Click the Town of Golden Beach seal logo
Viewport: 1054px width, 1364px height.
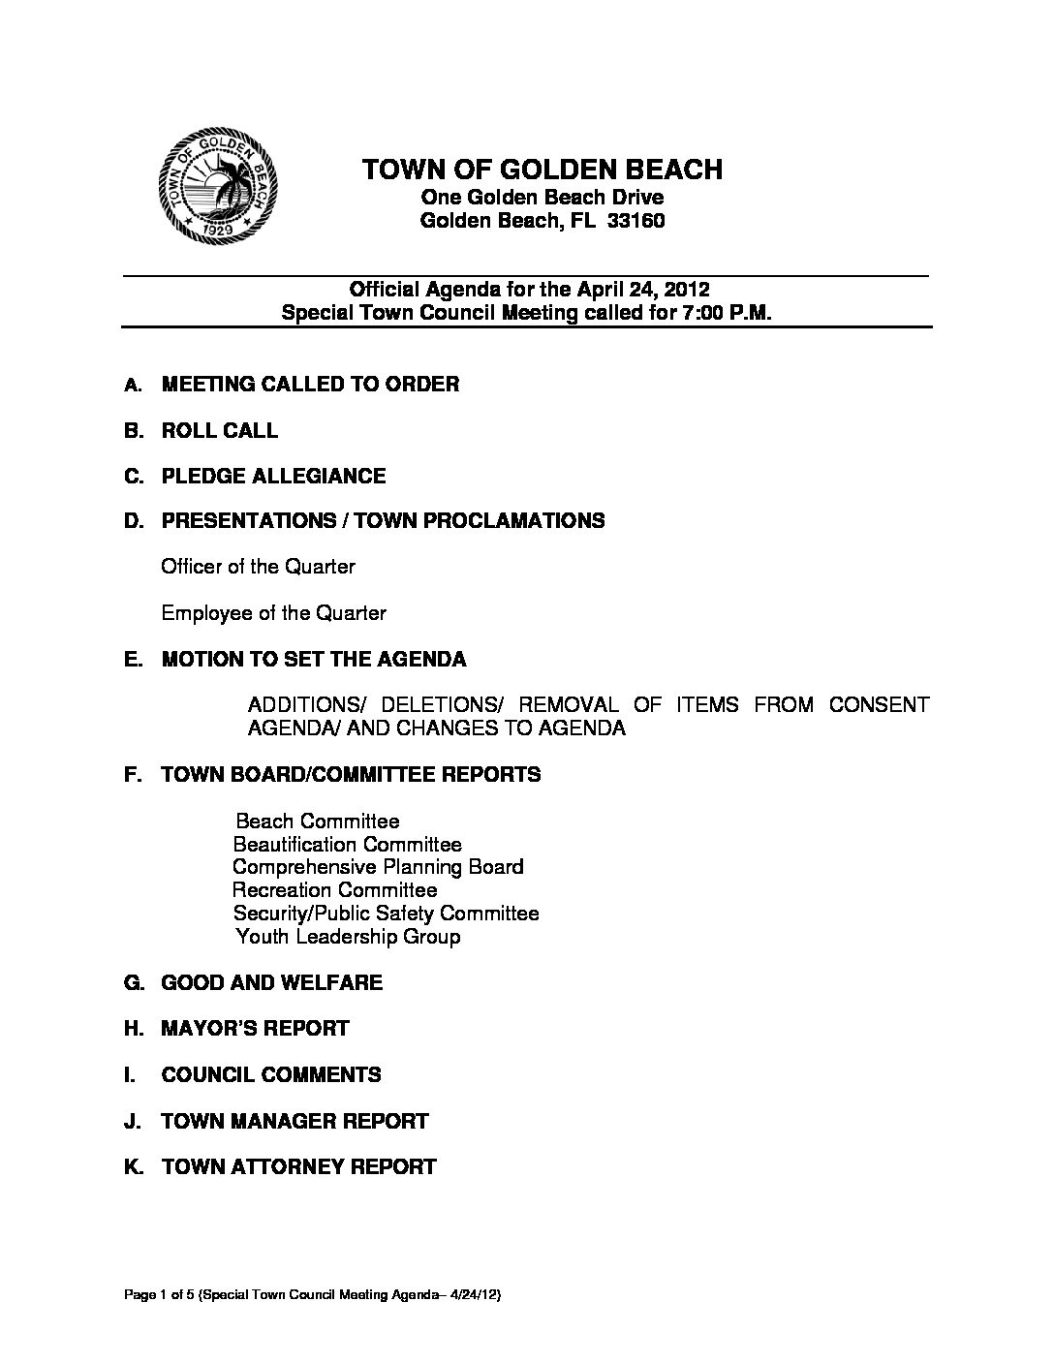(219, 189)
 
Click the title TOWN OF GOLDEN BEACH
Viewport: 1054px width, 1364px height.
(542, 170)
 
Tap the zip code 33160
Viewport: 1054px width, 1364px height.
(635, 221)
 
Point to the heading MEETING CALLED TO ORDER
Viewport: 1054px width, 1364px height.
(310, 385)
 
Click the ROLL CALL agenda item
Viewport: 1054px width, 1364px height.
(219, 430)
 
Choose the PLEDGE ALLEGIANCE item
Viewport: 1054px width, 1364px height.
(273, 476)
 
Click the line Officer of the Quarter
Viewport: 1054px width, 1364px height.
(258, 567)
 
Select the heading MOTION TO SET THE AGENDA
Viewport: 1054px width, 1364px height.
(313, 660)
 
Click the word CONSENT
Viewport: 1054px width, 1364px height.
(879, 704)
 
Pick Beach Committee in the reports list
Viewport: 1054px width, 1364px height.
(318, 821)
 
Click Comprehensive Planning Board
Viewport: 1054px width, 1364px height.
(378, 867)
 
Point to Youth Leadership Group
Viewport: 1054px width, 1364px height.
(348, 937)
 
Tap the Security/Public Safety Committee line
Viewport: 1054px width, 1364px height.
(386, 914)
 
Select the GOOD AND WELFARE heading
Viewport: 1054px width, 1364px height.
(271, 983)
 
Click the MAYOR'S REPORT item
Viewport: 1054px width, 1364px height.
(255, 1029)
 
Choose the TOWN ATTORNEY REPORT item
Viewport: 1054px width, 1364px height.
(298, 1167)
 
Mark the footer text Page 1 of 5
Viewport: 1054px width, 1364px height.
(156, 1296)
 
